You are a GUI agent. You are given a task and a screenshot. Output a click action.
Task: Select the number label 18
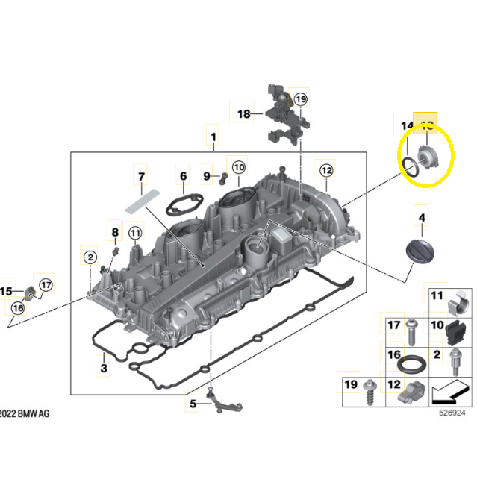tap(244, 113)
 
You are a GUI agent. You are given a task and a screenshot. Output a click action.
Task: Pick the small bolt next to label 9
tap(222, 178)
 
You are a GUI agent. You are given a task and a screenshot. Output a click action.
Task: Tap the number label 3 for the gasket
tap(105, 368)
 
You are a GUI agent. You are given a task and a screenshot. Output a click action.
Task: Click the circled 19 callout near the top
tap(300, 98)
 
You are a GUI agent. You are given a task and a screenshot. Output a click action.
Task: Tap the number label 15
tap(7, 291)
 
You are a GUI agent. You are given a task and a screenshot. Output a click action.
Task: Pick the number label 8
tap(115, 233)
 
